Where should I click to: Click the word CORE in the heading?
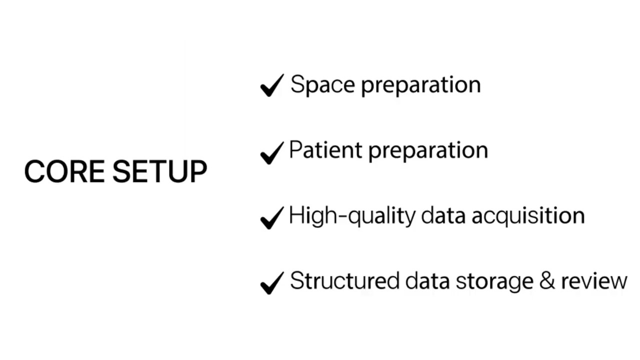pos(64,171)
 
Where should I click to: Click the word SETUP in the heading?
pos(159,171)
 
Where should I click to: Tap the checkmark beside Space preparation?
pos(272,85)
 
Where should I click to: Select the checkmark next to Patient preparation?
pos(272,152)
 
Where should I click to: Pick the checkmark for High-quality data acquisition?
pos(272,217)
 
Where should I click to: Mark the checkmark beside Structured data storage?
pos(272,283)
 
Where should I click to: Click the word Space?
pos(322,84)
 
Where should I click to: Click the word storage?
pos(494,281)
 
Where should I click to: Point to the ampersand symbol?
pos(547,281)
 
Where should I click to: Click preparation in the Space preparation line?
pos(420,85)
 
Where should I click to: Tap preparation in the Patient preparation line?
pos(427,150)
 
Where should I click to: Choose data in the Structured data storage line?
pos(427,281)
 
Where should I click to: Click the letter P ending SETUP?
pos(197,171)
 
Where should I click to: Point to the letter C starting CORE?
pos(34,171)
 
